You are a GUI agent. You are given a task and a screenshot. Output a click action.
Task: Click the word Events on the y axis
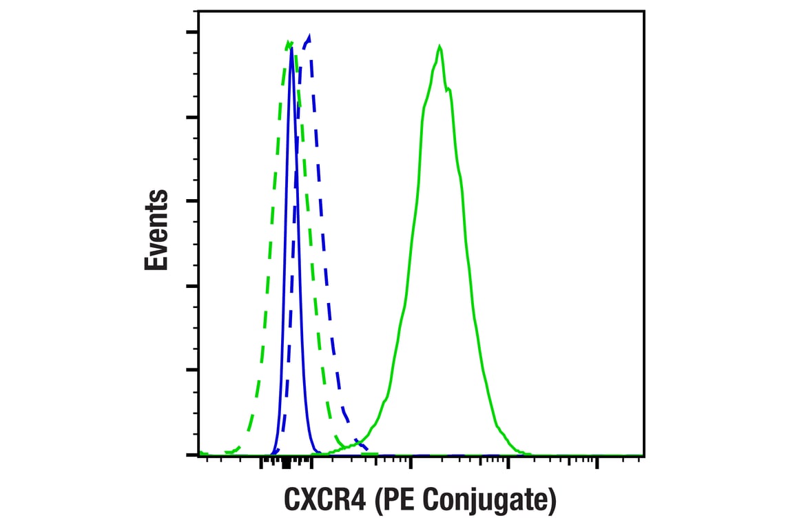(x=156, y=230)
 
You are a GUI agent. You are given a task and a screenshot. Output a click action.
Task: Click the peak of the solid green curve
(x=439, y=46)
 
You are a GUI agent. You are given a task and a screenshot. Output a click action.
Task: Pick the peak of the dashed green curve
(x=289, y=41)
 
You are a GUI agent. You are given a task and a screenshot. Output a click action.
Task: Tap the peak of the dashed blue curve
(x=309, y=35)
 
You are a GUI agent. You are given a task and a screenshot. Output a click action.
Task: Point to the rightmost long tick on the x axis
(x=597, y=462)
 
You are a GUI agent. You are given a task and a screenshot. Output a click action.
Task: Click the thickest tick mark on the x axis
(x=286, y=464)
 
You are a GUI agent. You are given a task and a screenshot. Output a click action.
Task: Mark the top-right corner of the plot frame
(x=644, y=11)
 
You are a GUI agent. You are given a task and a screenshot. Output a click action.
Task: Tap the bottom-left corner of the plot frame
(x=198, y=456)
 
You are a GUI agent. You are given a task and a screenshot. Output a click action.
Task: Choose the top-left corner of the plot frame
(x=198, y=11)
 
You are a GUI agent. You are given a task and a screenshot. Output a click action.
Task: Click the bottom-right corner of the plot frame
(x=644, y=456)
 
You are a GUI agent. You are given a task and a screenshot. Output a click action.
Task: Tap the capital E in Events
(x=156, y=262)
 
